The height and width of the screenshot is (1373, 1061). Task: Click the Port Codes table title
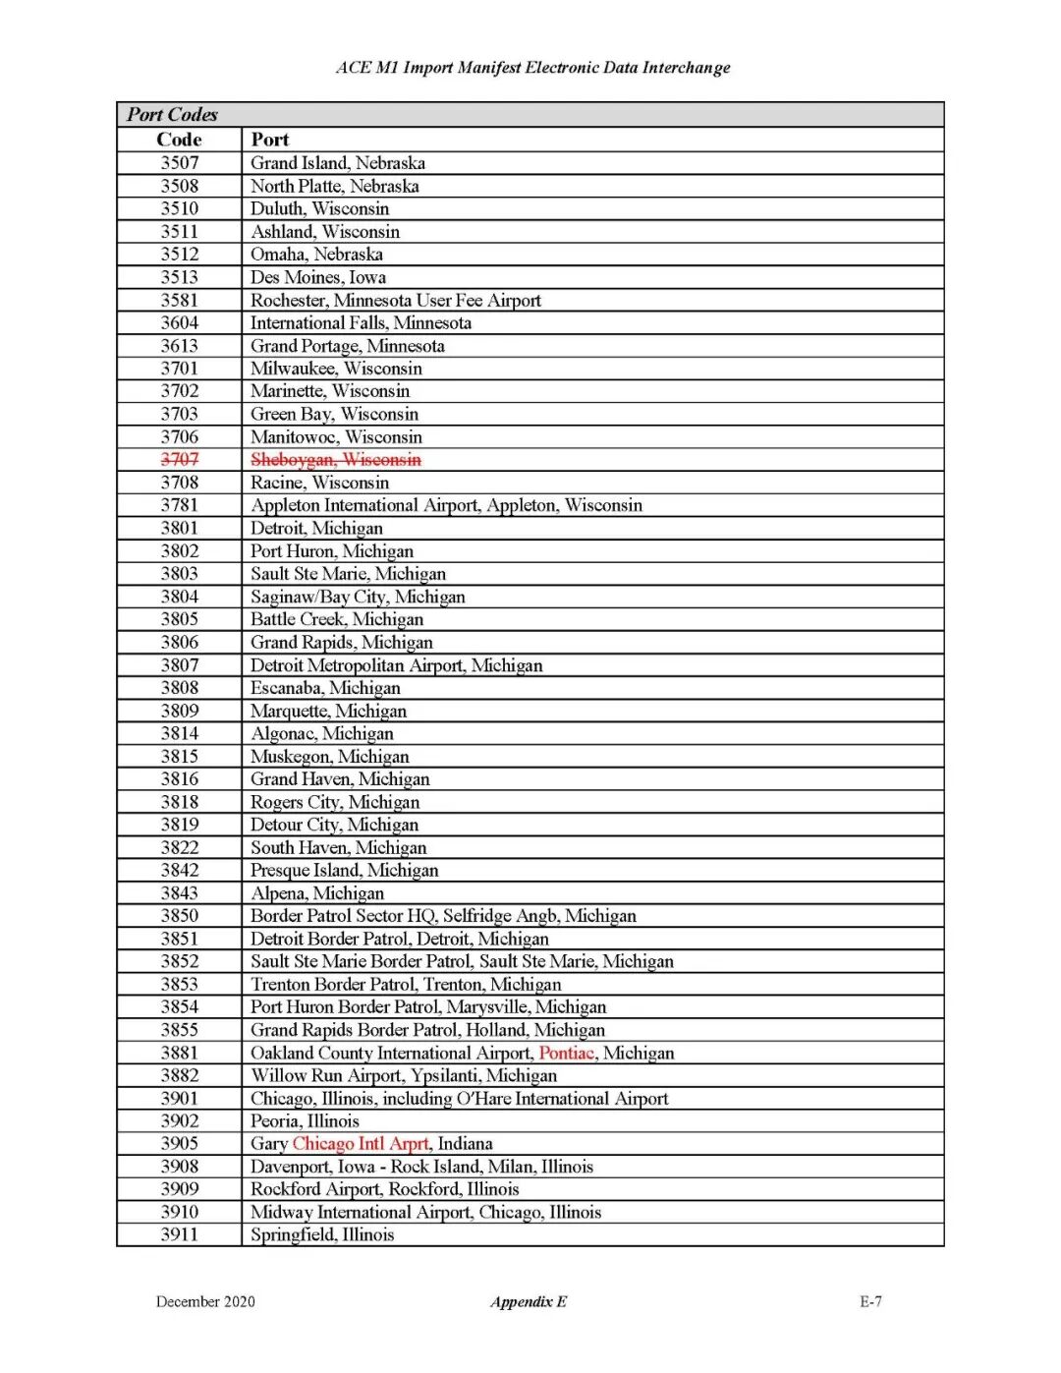pos(172,114)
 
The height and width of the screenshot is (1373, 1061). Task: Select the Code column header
pos(179,140)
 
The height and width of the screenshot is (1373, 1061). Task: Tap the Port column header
pos(270,140)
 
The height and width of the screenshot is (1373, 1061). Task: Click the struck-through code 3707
pos(180,459)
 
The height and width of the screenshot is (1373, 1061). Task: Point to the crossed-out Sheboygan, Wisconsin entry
pos(335,459)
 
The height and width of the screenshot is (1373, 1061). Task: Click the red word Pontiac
pos(566,1053)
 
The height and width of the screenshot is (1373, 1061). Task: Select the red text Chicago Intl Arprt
pos(361,1143)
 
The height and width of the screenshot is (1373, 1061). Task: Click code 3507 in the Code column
pos(180,163)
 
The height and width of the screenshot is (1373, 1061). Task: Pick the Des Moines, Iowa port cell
pos(317,277)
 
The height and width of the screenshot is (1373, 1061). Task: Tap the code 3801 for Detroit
pos(180,528)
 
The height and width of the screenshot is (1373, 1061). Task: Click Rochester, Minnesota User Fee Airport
pos(395,300)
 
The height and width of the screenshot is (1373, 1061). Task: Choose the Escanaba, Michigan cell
pos(325,688)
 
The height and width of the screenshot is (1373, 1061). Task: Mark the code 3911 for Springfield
pos(180,1234)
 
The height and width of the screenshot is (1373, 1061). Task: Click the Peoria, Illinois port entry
pos(305,1120)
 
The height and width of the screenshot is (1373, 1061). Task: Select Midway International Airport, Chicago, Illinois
pos(425,1212)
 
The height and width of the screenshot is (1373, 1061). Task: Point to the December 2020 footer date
pos(205,1301)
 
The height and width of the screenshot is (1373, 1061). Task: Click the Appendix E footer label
pos(529,1301)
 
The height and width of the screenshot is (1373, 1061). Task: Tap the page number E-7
pos(870,1301)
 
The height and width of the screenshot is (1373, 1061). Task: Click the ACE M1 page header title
pos(532,68)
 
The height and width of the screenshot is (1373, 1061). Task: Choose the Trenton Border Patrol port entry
pos(406,984)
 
